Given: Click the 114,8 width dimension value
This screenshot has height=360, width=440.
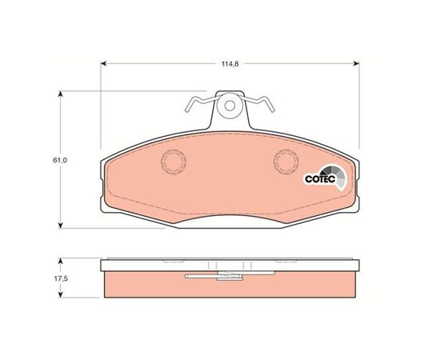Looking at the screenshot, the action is click(x=230, y=64).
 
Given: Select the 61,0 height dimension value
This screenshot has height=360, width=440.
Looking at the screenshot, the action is click(x=59, y=160).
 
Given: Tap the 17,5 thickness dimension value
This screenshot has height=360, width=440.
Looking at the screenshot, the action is click(x=61, y=279).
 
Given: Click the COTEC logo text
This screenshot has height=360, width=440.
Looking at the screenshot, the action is click(x=320, y=178).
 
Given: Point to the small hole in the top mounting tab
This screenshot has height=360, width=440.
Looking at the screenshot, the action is click(x=230, y=106).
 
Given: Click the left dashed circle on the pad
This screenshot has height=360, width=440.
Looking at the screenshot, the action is click(x=174, y=162).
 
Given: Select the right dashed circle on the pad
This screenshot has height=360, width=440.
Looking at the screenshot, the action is click(x=286, y=162).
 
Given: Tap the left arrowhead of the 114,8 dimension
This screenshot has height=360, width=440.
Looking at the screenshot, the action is click(x=103, y=64).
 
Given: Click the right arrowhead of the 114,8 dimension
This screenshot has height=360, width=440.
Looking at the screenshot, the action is click(x=356, y=64).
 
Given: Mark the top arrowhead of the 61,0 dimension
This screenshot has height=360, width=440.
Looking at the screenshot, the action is click(x=60, y=94).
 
